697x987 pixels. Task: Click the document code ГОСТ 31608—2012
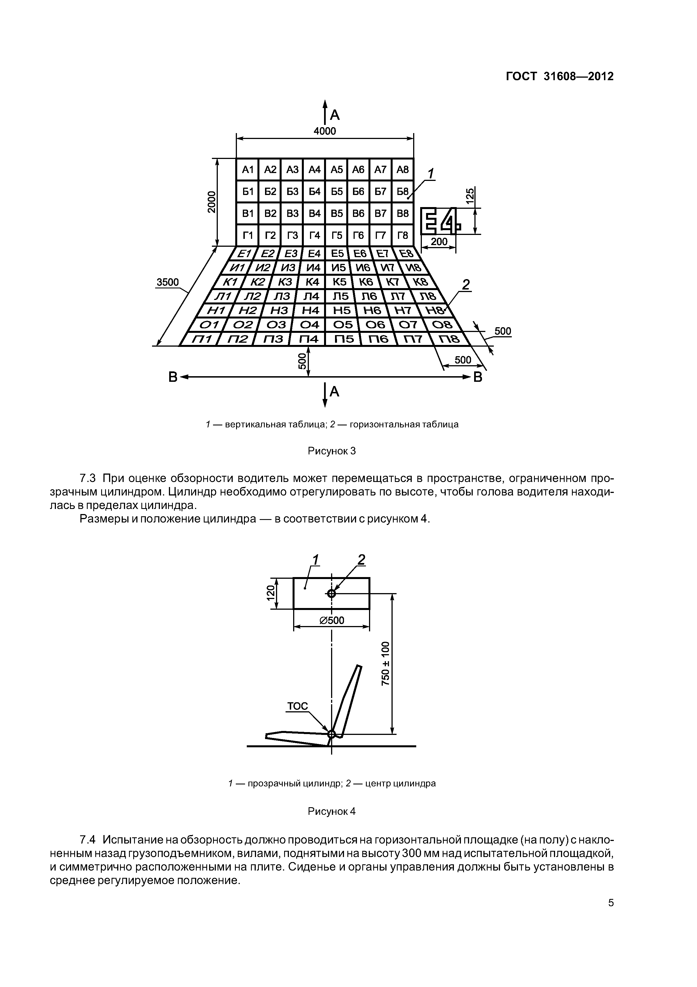[x=560, y=77]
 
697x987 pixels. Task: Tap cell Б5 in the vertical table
[x=337, y=192]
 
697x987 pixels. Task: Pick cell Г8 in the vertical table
[x=402, y=235]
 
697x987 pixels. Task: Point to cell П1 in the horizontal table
[x=201, y=339]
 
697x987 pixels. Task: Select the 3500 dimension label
[x=168, y=282]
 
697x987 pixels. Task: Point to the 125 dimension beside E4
[x=470, y=196]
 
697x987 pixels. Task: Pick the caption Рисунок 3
[x=332, y=451]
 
